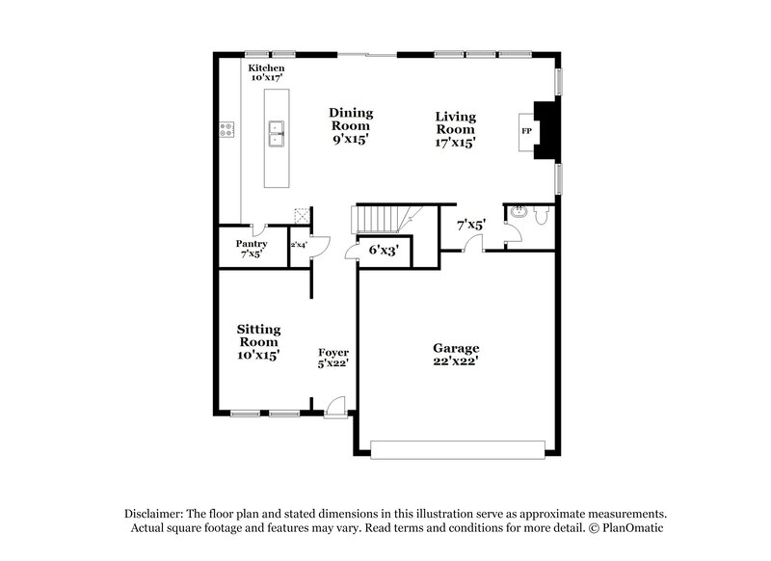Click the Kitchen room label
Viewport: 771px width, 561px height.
pyautogui.click(x=266, y=68)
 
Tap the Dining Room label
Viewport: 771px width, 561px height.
pyautogui.click(x=351, y=120)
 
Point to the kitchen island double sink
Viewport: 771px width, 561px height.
pyautogui.click(x=276, y=132)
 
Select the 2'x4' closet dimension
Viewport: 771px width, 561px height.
pyautogui.click(x=298, y=245)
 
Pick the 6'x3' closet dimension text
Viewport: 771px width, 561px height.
pyautogui.click(x=384, y=250)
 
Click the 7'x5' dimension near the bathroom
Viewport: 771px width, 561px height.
pyautogui.click(x=470, y=225)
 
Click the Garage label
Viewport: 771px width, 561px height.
pyautogui.click(x=456, y=347)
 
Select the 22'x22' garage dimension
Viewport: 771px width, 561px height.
pyautogui.click(x=456, y=361)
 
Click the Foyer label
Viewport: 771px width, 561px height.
pyautogui.click(x=333, y=353)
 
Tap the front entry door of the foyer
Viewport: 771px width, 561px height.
pyautogui.click(x=333, y=409)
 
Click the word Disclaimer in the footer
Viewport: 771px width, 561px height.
pyautogui.click(x=157, y=514)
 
